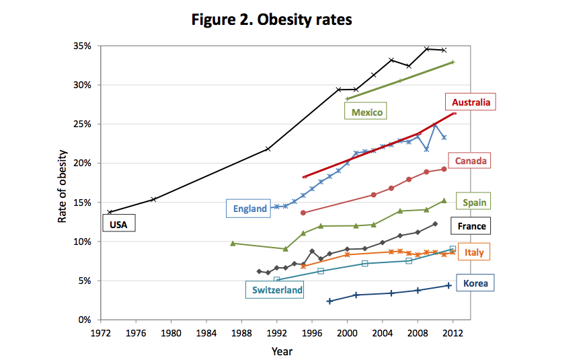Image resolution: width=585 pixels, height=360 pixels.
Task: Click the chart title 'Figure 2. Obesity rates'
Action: click(x=272, y=20)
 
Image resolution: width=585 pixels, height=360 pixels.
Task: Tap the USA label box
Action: click(x=118, y=223)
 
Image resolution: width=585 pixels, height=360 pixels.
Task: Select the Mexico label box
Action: click(x=366, y=112)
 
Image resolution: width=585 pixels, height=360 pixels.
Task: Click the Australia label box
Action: click(x=470, y=103)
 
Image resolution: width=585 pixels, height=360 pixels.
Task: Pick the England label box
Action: click(x=249, y=209)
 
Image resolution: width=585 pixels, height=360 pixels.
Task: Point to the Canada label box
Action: click(x=470, y=161)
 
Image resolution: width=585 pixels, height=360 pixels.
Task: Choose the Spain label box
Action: click(x=474, y=202)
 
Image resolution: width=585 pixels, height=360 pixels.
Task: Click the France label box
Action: click(x=471, y=226)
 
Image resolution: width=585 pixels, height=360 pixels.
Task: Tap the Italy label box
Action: click(x=473, y=252)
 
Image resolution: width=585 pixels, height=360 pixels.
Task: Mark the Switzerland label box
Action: click(x=277, y=290)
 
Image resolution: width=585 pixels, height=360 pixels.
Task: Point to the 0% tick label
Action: click(x=85, y=320)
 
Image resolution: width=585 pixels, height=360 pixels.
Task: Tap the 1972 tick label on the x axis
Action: click(x=101, y=333)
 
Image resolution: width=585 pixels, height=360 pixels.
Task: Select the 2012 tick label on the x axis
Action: click(x=453, y=333)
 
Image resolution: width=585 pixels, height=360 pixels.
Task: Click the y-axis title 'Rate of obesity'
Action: click(x=62, y=182)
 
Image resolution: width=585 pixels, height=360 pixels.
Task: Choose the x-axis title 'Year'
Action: click(x=282, y=351)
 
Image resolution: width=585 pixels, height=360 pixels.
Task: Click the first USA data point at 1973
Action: click(x=110, y=212)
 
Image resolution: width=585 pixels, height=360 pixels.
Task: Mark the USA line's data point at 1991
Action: click(x=268, y=149)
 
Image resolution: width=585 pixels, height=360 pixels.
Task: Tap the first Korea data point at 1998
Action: click(x=329, y=301)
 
